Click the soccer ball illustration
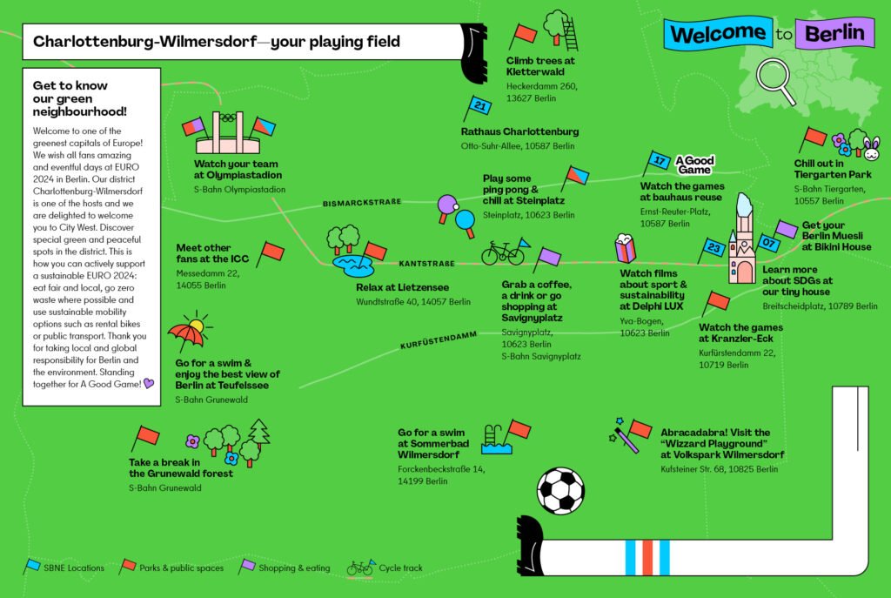tap(560, 491)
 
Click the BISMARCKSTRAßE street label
tap(362, 202)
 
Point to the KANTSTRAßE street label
tap(426, 263)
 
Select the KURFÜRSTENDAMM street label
tap(439, 340)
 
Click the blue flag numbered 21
tap(476, 107)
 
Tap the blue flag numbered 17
tap(656, 163)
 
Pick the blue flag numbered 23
tap(710, 250)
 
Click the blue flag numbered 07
tap(766, 245)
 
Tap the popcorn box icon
tap(625, 248)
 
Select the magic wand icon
tap(624, 436)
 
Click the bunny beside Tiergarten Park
tap(872, 148)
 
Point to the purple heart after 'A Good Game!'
tap(149, 384)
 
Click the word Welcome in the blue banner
tap(718, 34)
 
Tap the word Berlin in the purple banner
tap(834, 33)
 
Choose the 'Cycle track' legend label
tap(400, 568)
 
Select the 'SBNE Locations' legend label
tap(74, 568)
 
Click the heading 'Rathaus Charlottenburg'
tap(520, 131)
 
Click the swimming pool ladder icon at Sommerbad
tap(491, 436)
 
